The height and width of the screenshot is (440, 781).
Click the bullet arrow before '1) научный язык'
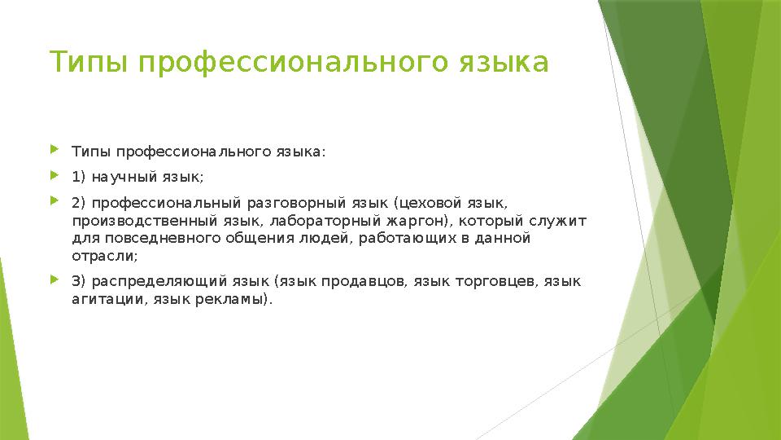[x=55, y=175]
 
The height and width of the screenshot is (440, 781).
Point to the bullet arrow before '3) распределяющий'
[x=55, y=280]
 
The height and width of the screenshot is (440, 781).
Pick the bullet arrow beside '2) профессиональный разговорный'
[x=55, y=200]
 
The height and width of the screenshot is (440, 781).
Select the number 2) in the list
[x=80, y=202]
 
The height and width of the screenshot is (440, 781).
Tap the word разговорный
[x=305, y=202]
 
